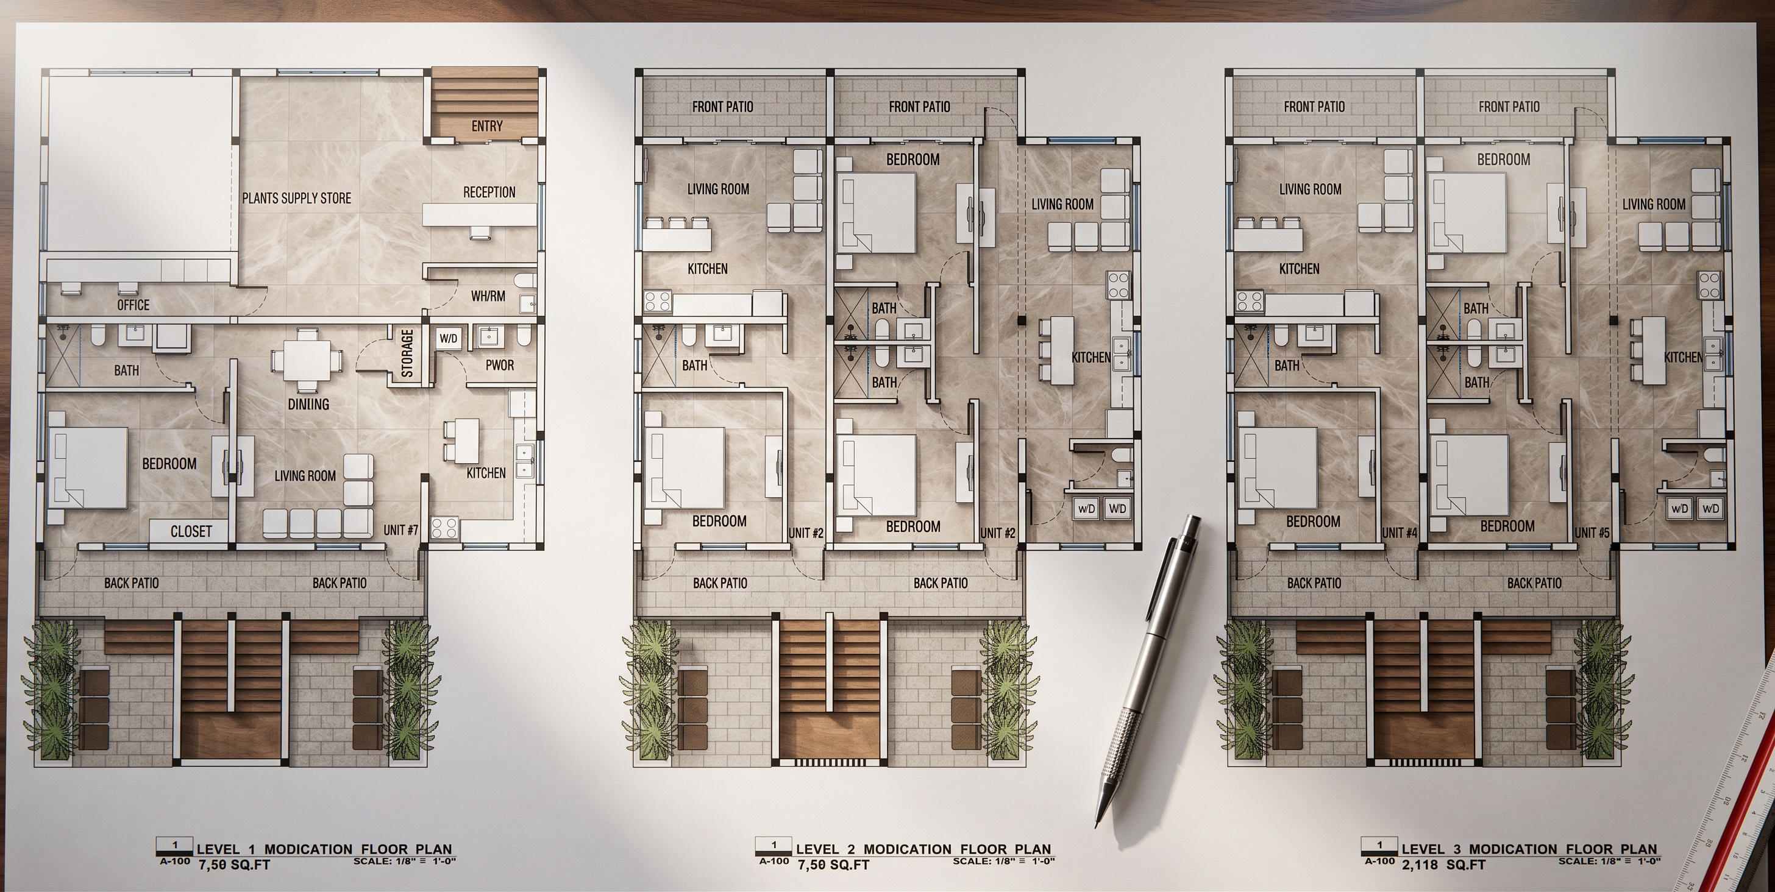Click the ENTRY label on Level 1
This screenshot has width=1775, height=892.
click(486, 126)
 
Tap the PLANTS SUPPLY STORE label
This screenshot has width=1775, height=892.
click(296, 199)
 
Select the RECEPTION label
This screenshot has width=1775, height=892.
click(489, 192)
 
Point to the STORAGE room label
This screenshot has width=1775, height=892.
click(407, 353)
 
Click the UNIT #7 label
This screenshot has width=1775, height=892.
click(401, 529)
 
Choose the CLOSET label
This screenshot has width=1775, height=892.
click(191, 531)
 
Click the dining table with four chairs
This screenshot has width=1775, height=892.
click(307, 359)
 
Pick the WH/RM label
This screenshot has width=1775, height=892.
click(488, 296)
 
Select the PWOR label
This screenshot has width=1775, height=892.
click(500, 365)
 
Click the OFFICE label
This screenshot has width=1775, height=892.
click(133, 305)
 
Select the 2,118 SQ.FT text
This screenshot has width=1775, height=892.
click(1443, 865)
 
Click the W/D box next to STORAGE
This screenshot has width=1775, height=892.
click(448, 338)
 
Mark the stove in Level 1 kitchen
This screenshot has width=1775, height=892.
click(444, 528)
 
